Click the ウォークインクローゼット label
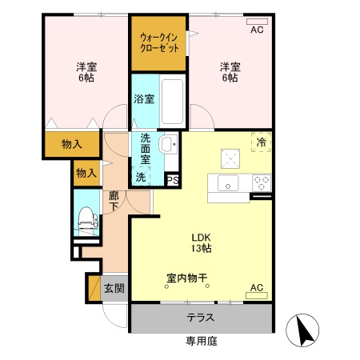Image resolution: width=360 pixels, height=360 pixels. [159, 42]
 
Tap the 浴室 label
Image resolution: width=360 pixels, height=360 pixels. [145, 99]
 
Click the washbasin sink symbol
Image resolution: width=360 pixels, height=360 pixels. [169, 146]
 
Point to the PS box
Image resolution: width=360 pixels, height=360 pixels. [173, 180]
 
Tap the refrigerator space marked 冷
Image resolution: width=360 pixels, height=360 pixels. [261, 141]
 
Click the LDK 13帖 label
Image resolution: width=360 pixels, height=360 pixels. [200, 243]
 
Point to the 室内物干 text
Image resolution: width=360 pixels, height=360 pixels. [188, 279]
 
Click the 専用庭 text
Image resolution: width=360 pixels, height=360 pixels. [201, 342]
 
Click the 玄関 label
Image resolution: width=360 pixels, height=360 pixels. [114, 287]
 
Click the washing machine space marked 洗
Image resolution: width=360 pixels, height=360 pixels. [141, 176]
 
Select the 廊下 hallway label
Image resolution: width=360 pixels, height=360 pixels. [114, 200]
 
